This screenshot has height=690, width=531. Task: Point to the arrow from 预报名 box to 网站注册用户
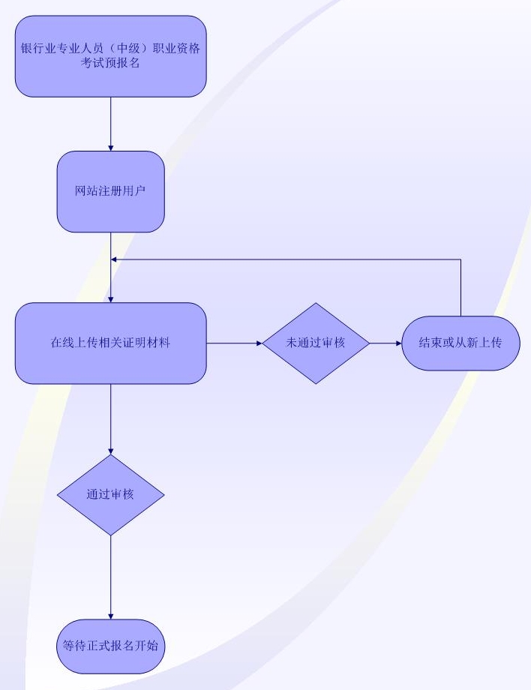110,124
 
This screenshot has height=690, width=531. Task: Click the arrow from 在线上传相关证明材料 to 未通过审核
234,343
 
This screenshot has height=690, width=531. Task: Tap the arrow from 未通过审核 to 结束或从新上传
385,343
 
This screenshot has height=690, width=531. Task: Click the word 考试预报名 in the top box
110,63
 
